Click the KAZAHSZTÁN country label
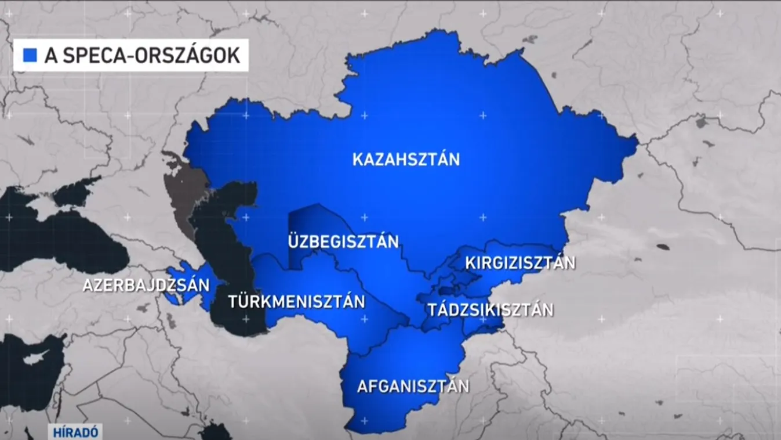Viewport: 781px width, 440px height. click(406, 159)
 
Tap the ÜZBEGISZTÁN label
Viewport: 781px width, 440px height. click(343, 240)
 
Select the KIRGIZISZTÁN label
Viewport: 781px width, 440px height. click(520, 263)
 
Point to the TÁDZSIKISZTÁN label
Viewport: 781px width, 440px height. click(491, 309)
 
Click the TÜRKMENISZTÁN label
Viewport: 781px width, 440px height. click(296, 302)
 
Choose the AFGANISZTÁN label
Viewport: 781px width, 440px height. click(413, 386)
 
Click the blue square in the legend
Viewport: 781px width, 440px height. click(30, 55)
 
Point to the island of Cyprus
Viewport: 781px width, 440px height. click(37, 355)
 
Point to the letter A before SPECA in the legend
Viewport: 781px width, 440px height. click(50, 55)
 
